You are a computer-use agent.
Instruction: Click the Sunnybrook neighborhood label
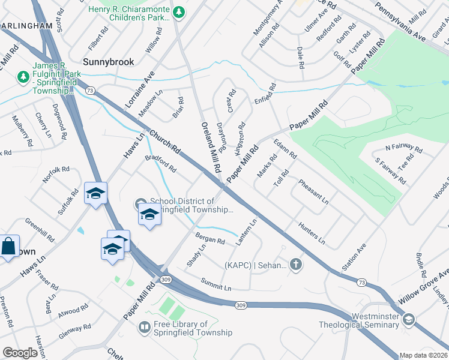pyautogui.click(x=108, y=62)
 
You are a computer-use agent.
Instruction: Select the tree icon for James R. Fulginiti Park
pyautogui.click(x=23, y=77)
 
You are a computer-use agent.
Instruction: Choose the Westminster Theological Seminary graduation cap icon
pyautogui.click(x=409, y=319)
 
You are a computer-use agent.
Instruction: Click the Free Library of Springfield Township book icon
pyautogui.click(x=144, y=327)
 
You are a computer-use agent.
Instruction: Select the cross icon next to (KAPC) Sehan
pyautogui.click(x=295, y=264)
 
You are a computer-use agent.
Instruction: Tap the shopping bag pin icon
pyautogui.click(x=9, y=246)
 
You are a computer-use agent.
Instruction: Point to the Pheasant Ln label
pyautogui.click(x=313, y=190)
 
